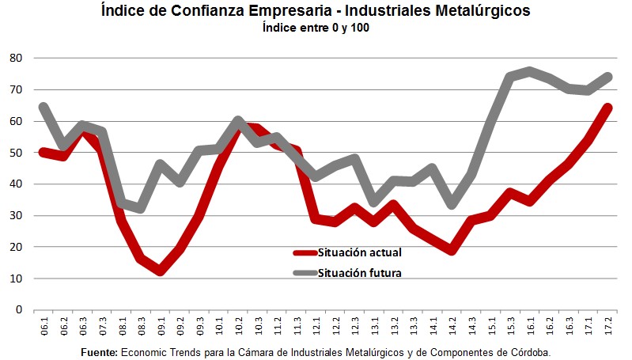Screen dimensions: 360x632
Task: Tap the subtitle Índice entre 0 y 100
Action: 316,28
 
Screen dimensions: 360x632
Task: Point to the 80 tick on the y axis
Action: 16,59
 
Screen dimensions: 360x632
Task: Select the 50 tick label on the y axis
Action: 16,153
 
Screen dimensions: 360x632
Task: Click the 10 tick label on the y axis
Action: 16,279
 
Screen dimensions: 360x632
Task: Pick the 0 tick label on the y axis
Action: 18,310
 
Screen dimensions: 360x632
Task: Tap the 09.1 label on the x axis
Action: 161,326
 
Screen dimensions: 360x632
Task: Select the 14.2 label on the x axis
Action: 452,326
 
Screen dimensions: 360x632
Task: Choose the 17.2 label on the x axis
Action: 607,326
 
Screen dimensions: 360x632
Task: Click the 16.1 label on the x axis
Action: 530,326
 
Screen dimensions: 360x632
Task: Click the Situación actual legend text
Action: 360,253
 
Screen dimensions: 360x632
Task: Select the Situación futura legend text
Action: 360,274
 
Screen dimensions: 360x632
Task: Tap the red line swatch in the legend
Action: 305,253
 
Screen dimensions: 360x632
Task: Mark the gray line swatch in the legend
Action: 305,274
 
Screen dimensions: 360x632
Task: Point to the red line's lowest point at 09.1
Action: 161,271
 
